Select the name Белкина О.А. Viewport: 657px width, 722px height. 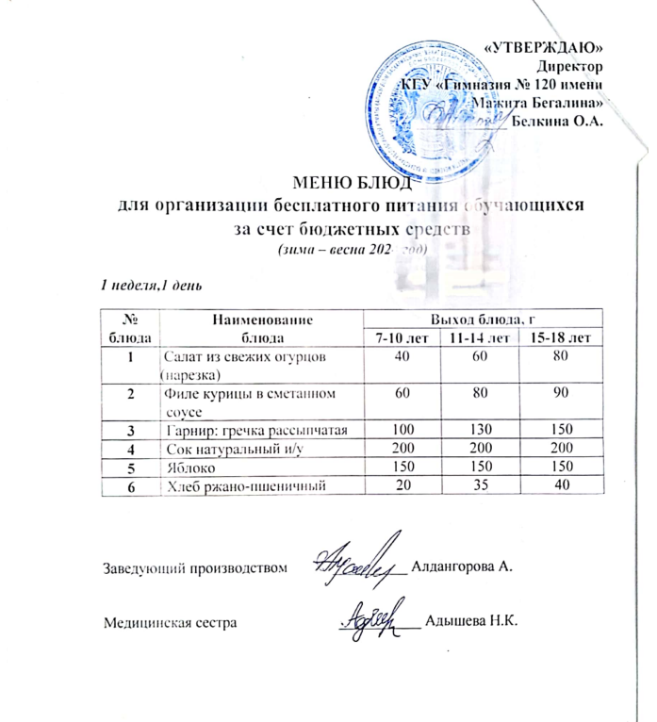pyautogui.click(x=562, y=119)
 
